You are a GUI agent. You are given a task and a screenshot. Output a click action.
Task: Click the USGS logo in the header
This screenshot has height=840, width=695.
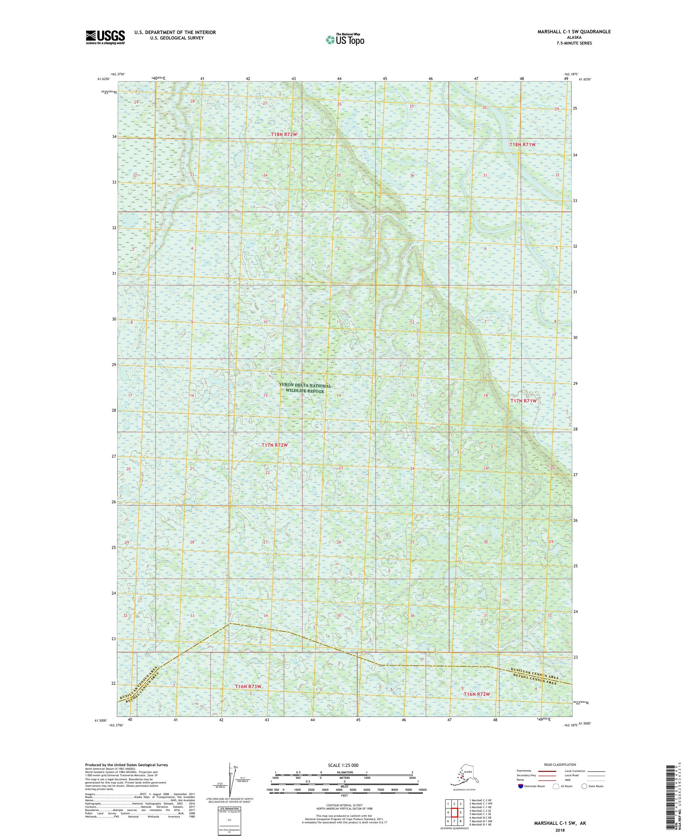[x=105, y=38]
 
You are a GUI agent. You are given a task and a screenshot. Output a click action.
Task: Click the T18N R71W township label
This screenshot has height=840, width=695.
[x=522, y=144]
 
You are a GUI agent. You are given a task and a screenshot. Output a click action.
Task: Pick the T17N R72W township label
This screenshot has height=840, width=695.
[x=275, y=445]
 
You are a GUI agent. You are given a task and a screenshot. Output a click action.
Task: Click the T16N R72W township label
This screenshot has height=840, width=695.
[x=477, y=694]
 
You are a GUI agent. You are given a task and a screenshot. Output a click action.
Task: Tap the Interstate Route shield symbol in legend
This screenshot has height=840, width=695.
[x=520, y=786]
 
